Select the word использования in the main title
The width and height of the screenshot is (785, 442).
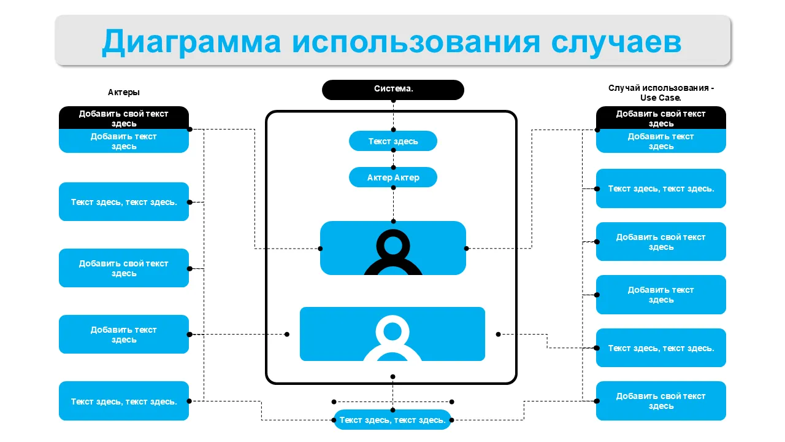(416, 42)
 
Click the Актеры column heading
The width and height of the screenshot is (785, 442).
(124, 92)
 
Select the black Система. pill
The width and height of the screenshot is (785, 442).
(393, 89)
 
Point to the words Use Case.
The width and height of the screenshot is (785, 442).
(661, 98)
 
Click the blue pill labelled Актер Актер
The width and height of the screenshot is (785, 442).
(393, 177)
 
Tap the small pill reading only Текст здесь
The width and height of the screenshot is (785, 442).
(393, 141)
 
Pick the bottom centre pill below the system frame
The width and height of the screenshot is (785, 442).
(392, 420)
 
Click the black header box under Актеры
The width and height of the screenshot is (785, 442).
(124, 118)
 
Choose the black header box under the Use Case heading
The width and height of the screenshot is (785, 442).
(661, 118)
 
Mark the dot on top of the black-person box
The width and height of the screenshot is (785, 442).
(393, 221)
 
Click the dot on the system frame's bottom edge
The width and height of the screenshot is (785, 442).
(392, 377)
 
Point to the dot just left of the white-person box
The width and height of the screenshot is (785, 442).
(287, 335)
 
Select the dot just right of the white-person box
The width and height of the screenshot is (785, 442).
(498, 335)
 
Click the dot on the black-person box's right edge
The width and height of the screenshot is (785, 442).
(466, 249)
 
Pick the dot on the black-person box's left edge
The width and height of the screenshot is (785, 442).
(320, 249)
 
